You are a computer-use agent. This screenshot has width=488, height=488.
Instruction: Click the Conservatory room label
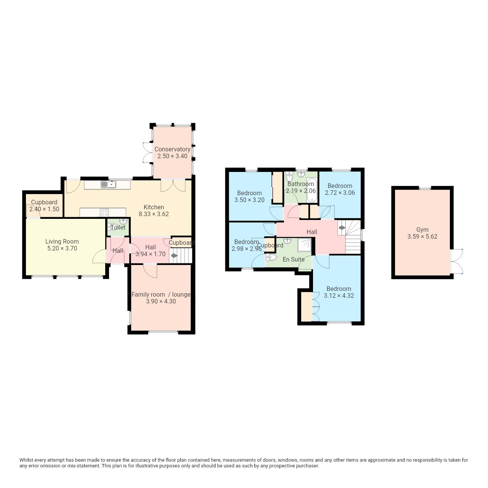[172, 149]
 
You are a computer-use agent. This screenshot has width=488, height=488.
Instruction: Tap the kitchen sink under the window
[109, 185]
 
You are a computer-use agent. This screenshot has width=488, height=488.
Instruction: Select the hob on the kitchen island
[104, 212]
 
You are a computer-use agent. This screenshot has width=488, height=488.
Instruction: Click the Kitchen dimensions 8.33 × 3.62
[154, 214]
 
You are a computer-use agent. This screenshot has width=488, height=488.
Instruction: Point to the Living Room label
[62, 242]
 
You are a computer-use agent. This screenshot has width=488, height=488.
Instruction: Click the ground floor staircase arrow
[174, 256]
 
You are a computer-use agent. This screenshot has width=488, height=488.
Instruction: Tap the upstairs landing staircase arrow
[342, 228]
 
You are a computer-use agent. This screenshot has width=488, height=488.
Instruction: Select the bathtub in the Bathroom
[312, 190]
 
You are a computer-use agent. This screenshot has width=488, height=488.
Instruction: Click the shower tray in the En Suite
[304, 245]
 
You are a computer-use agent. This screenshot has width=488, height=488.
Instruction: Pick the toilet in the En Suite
[271, 258]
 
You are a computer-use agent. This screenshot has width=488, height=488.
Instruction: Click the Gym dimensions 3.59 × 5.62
[422, 236]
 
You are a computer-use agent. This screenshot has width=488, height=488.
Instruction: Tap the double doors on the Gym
[457, 261]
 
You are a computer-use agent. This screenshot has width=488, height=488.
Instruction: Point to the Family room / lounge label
[161, 295]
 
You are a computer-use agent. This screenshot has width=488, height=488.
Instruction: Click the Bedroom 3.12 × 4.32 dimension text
[339, 295]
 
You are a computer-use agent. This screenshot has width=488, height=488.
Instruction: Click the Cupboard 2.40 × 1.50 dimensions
[44, 209]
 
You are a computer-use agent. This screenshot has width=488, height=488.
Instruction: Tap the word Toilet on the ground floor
[118, 227]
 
